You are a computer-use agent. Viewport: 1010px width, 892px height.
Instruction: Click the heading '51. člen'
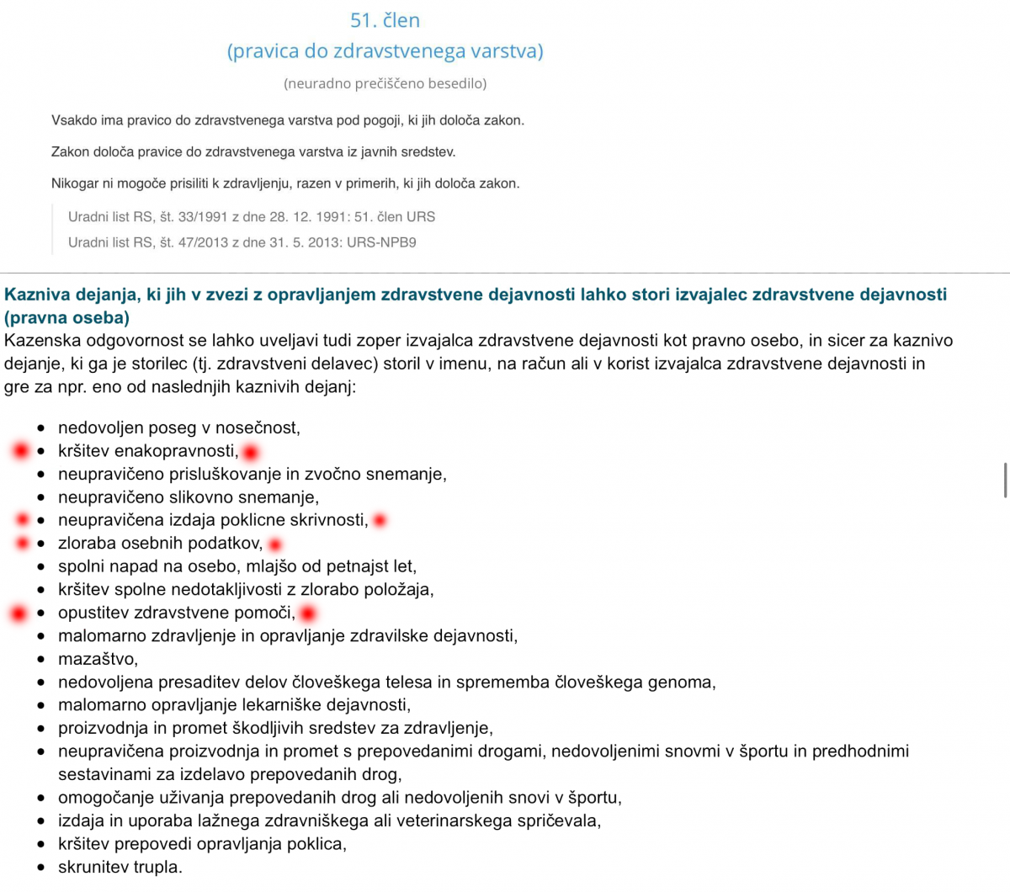[x=385, y=20]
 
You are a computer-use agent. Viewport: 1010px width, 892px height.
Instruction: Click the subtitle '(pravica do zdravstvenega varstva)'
[x=385, y=51]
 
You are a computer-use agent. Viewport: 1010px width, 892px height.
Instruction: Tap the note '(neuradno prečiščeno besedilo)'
[x=385, y=83]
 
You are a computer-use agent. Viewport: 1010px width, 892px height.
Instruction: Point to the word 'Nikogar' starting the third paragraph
[x=75, y=183]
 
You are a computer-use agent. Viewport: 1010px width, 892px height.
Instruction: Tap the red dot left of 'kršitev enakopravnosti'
[x=20, y=452]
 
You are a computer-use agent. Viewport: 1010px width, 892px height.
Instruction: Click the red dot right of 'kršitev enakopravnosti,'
[x=251, y=453]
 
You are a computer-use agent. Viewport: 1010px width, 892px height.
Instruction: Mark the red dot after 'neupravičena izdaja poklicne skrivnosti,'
[x=380, y=521]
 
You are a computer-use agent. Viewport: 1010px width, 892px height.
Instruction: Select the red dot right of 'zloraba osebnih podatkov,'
[x=275, y=544]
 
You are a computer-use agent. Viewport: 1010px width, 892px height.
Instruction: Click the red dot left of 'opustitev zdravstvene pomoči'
[x=19, y=614]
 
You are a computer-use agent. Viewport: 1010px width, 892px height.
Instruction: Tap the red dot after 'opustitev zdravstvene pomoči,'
[x=308, y=614]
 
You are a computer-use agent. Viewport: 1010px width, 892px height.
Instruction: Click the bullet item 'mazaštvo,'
[x=98, y=659]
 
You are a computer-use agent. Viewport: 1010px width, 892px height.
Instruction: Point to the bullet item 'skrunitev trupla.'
[x=120, y=867]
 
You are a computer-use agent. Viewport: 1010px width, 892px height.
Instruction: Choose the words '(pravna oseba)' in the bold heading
[x=67, y=318]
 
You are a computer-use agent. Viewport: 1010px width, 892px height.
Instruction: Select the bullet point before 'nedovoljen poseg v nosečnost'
[x=41, y=428]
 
